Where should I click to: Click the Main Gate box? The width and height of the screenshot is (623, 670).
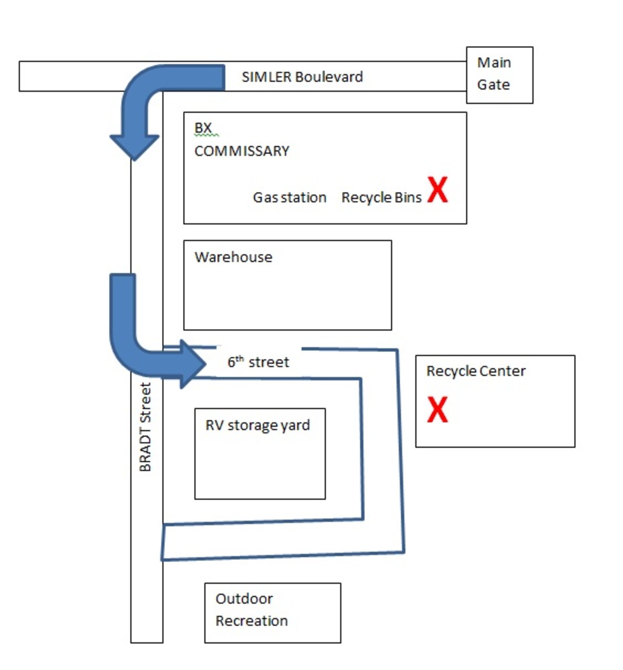499,75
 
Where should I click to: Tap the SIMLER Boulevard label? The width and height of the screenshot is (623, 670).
302,77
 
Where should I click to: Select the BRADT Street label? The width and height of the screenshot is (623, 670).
145,427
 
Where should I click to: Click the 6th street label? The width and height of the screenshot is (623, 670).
258,362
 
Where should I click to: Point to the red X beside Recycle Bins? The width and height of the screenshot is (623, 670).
437,189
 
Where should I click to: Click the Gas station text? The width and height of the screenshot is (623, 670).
289,198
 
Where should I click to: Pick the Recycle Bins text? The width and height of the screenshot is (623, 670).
381,198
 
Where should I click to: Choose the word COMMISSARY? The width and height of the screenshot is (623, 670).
241,151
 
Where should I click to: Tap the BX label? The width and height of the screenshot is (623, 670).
203,128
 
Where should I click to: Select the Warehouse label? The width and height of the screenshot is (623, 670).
233,257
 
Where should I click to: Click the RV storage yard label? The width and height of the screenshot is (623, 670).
257,425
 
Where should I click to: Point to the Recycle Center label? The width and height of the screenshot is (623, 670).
475,371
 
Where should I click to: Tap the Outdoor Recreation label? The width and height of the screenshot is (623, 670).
251,609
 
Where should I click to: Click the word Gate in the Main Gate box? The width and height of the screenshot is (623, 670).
493,85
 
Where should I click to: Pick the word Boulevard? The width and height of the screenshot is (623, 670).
329,77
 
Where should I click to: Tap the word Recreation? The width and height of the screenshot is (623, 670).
251,620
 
